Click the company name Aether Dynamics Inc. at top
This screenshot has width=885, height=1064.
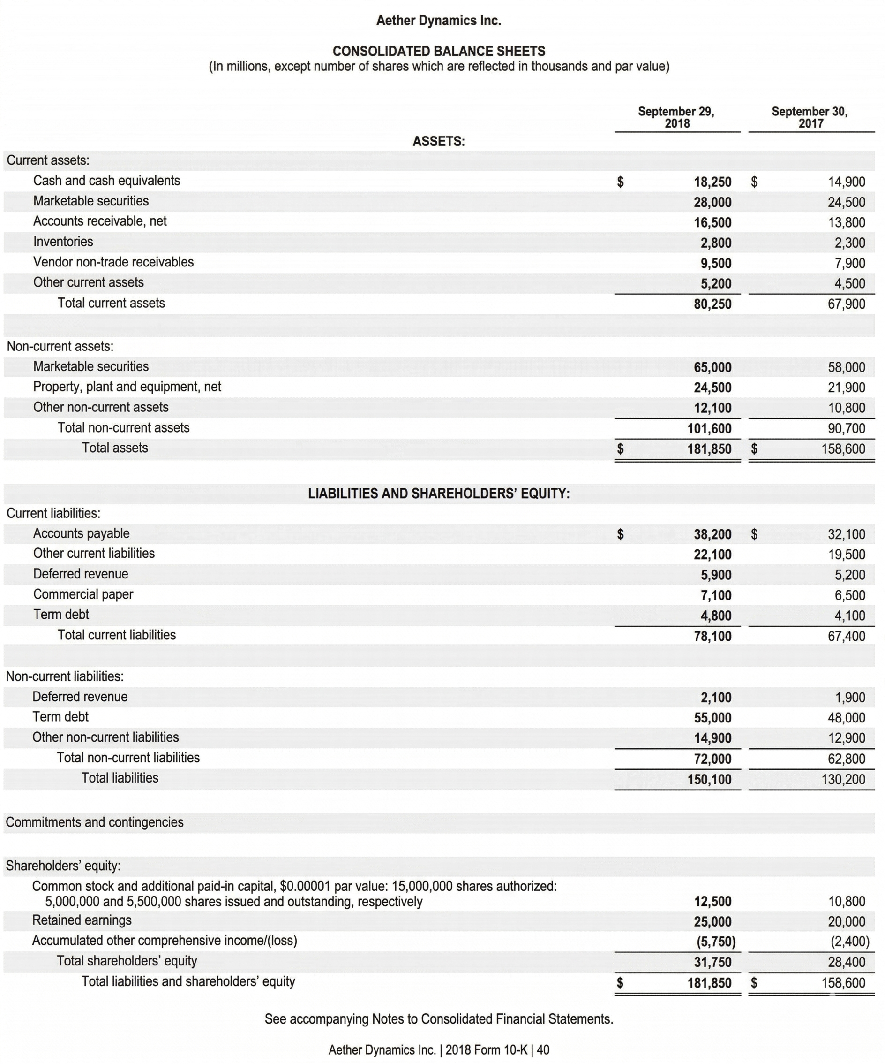click(438, 21)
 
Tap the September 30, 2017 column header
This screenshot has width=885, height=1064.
click(810, 117)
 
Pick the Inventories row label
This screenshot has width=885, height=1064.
click(63, 242)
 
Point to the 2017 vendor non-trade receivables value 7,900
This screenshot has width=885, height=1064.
click(849, 264)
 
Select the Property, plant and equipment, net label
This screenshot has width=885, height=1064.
click(127, 387)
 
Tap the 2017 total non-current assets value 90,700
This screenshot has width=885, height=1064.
click(846, 429)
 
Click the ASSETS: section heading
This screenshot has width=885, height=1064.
click(438, 141)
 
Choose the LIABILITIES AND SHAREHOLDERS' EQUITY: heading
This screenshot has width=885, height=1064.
click(438, 494)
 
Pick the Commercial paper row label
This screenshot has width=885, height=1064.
click(83, 594)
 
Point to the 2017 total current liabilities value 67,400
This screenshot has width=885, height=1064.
click(846, 636)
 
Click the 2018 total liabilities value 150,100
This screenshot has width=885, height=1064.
click(709, 779)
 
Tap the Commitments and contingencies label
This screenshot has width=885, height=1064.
click(95, 822)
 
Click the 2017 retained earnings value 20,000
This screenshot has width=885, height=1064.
click(846, 922)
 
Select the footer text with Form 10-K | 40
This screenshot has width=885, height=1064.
click(438, 1050)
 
